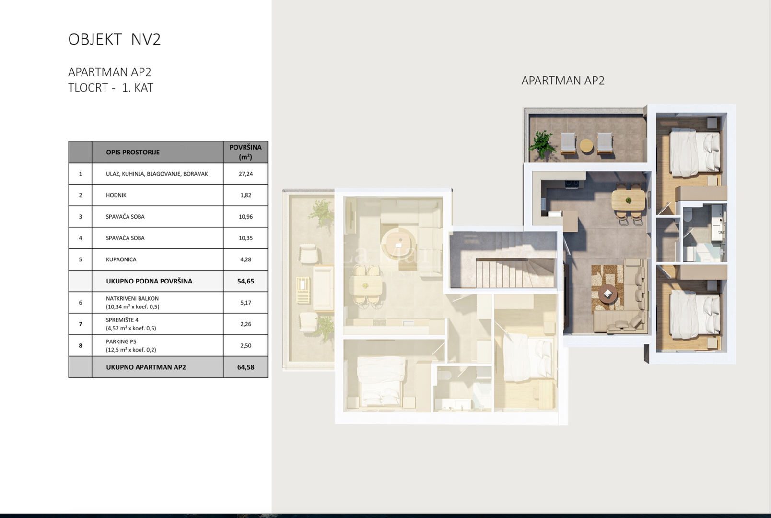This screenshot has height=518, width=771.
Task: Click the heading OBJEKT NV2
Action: tap(114, 39)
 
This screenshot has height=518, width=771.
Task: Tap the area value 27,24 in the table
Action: tap(246, 174)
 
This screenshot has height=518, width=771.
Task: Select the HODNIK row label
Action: tap(116, 195)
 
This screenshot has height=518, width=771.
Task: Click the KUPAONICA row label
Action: tap(121, 259)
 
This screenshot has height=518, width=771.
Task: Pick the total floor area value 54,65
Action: tap(246, 281)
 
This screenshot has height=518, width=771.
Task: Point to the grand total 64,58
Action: tap(246, 367)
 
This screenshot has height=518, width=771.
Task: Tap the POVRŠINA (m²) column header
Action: tap(245, 152)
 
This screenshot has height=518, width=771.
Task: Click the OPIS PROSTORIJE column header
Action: tap(133, 152)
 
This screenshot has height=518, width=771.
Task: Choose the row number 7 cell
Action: tap(81, 324)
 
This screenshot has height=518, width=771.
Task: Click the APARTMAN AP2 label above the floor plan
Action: tap(563, 80)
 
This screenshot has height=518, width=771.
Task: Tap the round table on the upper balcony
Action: tap(586, 145)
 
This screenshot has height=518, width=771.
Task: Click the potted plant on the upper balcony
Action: tap(542, 144)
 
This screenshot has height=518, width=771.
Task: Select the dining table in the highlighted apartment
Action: tap(629, 200)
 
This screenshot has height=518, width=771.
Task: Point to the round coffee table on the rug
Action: tap(608, 294)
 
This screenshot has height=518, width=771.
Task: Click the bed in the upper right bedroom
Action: tap(695, 152)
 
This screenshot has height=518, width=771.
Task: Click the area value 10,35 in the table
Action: tap(246, 238)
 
